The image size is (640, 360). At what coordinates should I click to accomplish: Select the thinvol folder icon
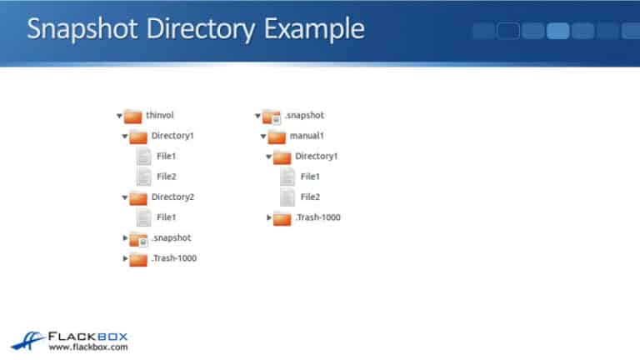click(x=133, y=115)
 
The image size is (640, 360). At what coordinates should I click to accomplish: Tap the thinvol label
click(x=159, y=115)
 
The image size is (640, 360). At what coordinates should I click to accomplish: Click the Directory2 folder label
click(x=172, y=197)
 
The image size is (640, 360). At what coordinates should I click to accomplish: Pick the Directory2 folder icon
click(x=138, y=197)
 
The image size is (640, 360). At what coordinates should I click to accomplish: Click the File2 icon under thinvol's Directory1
click(x=143, y=177)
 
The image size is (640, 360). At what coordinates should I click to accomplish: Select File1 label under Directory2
click(x=167, y=217)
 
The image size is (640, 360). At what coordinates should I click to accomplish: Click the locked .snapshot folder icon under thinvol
click(x=138, y=239)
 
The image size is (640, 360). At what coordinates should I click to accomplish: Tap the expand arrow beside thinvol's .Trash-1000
click(x=125, y=258)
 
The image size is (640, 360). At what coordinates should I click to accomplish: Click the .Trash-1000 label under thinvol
click(x=174, y=258)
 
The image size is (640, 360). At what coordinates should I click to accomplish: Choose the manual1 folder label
click(x=307, y=136)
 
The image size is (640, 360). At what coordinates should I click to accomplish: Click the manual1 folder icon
click(x=277, y=136)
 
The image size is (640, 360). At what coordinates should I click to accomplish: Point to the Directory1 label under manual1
click(x=317, y=156)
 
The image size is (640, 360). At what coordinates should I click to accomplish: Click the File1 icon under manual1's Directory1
click(x=287, y=177)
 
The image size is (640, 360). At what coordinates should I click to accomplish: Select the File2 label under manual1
click(x=311, y=197)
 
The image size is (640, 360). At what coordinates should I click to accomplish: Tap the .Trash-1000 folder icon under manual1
click(x=282, y=217)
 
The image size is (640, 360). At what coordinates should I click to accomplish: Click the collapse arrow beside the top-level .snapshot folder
click(x=257, y=116)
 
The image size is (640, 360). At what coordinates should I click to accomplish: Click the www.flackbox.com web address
click(x=87, y=347)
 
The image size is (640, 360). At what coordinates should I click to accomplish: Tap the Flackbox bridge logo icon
click(x=28, y=339)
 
